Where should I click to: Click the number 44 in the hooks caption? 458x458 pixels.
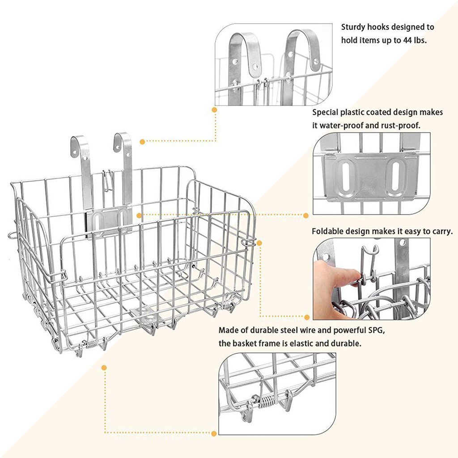pos(407,40)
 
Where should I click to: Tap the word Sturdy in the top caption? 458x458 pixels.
pos(353,27)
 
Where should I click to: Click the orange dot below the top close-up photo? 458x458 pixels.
pos(214,110)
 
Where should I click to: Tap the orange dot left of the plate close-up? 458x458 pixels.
pos(306,216)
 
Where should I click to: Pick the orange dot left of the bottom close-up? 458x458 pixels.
pos(214,433)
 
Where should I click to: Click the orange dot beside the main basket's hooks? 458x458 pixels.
pos(142,142)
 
